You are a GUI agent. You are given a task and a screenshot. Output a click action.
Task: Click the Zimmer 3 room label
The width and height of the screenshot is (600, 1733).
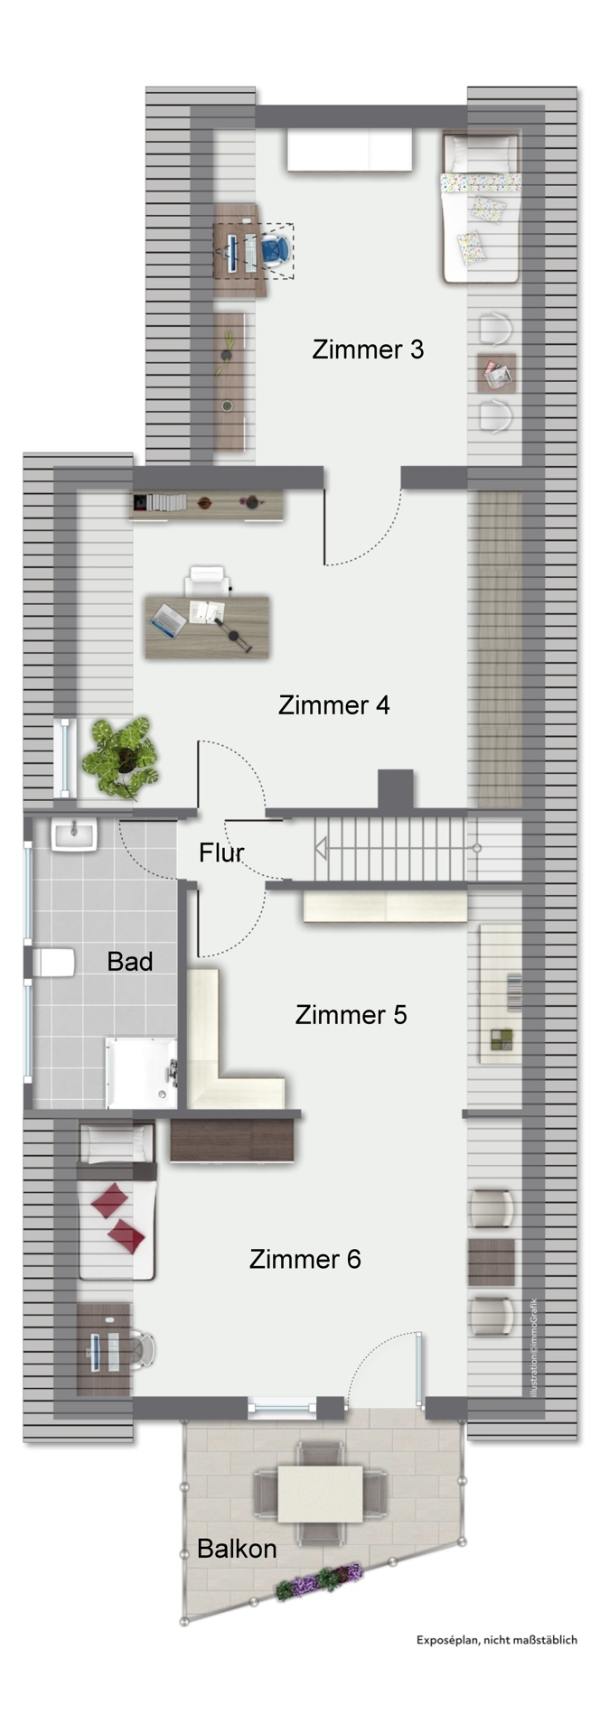click(367, 349)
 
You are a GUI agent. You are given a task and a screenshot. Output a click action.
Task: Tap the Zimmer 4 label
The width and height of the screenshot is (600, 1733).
click(333, 704)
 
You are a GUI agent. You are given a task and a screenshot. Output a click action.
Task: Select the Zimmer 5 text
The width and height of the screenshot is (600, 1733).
click(351, 1014)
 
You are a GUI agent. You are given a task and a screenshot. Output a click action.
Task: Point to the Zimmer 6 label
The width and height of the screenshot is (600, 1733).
click(305, 1258)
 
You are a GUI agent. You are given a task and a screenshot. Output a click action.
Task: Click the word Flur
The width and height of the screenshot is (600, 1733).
click(220, 852)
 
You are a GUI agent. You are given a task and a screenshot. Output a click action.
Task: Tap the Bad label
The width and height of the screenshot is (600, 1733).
click(129, 961)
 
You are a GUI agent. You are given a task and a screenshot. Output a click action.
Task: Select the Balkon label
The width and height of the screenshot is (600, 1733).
click(236, 1548)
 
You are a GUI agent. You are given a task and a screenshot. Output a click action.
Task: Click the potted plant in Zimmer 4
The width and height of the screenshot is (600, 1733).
click(121, 757)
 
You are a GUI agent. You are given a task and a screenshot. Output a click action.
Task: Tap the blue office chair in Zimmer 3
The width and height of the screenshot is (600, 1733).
click(277, 248)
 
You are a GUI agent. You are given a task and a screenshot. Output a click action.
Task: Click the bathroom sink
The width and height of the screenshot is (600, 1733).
click(74, 834)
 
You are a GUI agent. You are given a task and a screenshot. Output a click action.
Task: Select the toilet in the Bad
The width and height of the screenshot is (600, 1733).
click(54, 963)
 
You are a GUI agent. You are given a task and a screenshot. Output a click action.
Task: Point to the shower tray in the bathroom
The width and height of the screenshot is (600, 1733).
click(142, 1071)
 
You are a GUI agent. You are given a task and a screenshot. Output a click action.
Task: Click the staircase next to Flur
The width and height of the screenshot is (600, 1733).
click(398, 849)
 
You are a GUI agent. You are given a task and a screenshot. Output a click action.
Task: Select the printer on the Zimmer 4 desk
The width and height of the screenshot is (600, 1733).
click(207, 581)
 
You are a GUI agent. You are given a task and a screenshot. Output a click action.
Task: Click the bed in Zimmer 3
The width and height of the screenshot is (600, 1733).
click(481, 208)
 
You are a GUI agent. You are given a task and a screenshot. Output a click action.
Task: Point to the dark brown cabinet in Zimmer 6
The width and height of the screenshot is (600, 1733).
click(232, 1140)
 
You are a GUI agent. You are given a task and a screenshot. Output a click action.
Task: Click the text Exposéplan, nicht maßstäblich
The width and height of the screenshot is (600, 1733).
click(496, 1639)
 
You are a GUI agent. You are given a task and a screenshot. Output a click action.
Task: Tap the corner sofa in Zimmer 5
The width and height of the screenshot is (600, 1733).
click(221, 1066)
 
